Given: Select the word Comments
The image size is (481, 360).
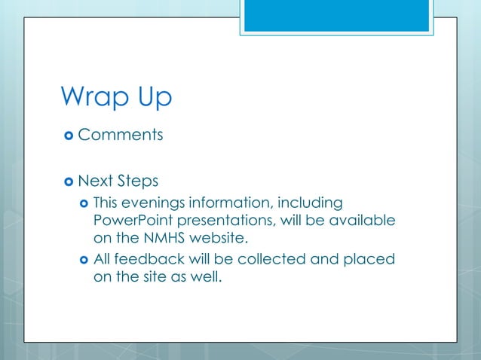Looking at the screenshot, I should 121,136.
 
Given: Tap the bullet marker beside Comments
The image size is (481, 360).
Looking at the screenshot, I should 69,136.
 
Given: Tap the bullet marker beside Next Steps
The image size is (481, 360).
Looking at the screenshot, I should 69,182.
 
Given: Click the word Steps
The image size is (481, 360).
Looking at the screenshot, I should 138,181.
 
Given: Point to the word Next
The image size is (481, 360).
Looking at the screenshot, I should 95,181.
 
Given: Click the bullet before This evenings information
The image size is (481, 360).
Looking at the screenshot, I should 84,204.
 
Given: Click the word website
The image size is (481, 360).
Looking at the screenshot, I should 219,239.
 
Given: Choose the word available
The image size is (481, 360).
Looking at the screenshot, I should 362,221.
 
